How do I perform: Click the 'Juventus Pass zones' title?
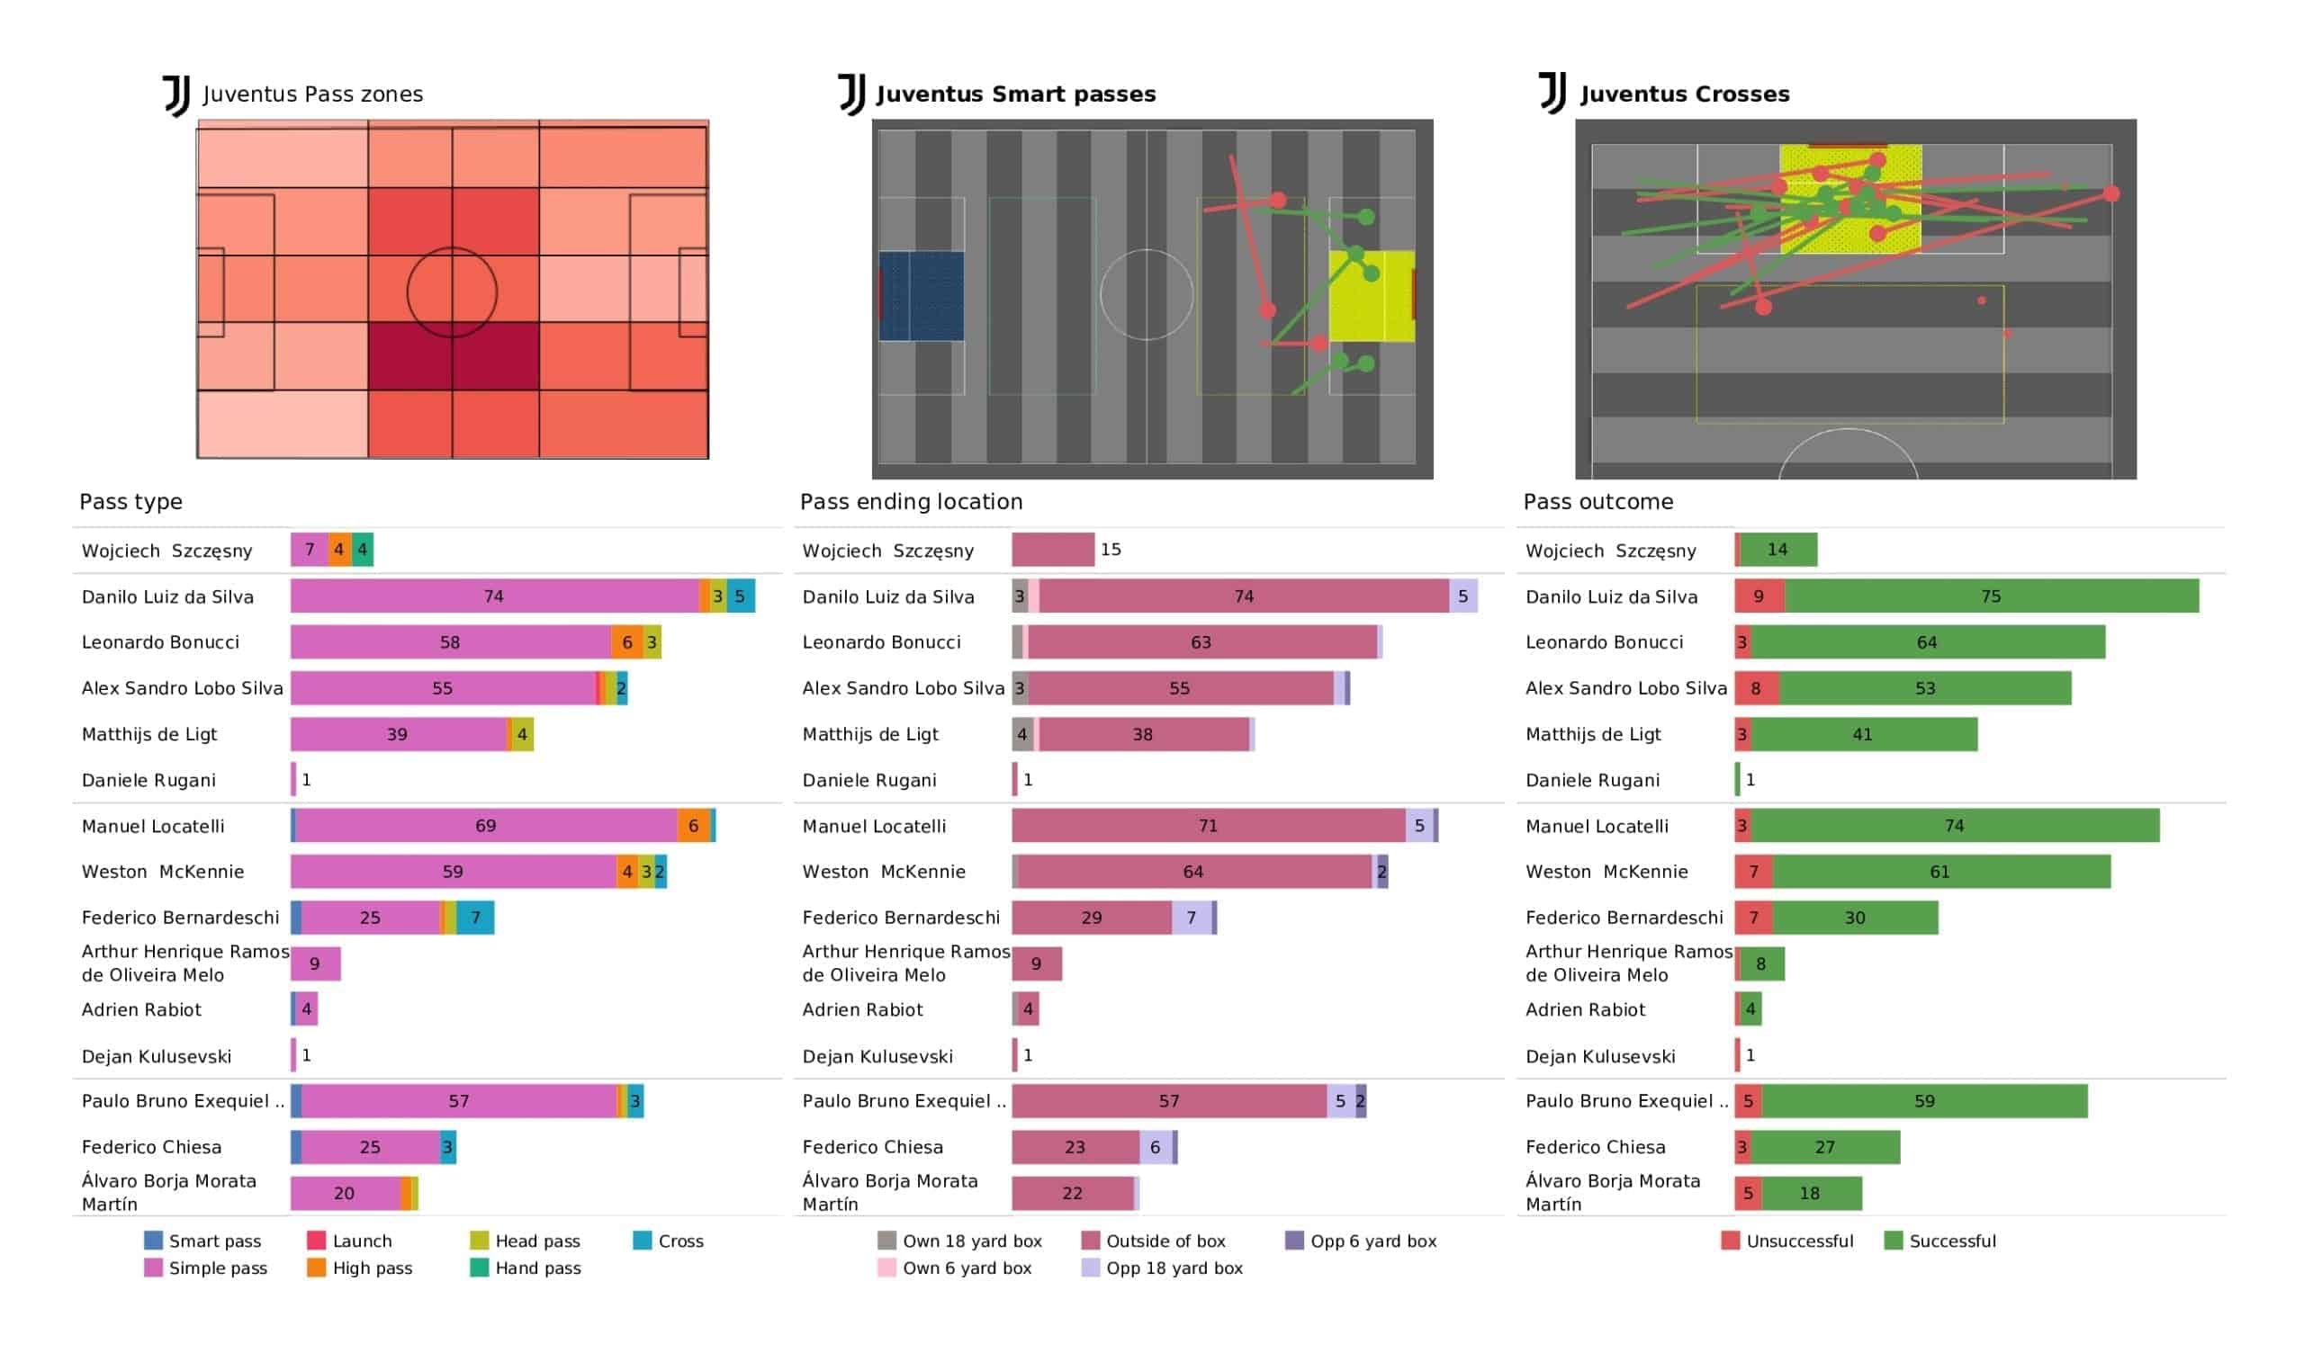[x=311, y=94]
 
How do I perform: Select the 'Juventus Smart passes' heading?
[x=1016, y=94]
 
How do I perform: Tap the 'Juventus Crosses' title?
[x=1684, y=94]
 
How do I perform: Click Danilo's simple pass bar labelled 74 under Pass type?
[x=495, y=596]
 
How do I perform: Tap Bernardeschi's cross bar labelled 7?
[x=475, y=917]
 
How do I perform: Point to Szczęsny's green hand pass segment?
[x=362, y=550]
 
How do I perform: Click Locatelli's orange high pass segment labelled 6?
[x=693, y=826]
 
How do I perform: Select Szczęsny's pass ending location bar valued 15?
[x=1052, y=550]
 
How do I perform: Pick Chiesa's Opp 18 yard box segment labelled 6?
[x=1155, y=1146]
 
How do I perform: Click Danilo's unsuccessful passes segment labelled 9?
[x=1759, y=596]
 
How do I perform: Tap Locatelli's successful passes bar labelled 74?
[x=1955, y=826]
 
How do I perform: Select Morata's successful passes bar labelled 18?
[x=1811, y=1193]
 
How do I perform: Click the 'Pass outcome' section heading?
[x=1598, y=501]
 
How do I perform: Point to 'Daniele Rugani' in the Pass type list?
[x=148, y=780]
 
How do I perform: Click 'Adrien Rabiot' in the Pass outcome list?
[x=1585, y=1009]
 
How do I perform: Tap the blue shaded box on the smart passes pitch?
[x=921, y=295]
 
